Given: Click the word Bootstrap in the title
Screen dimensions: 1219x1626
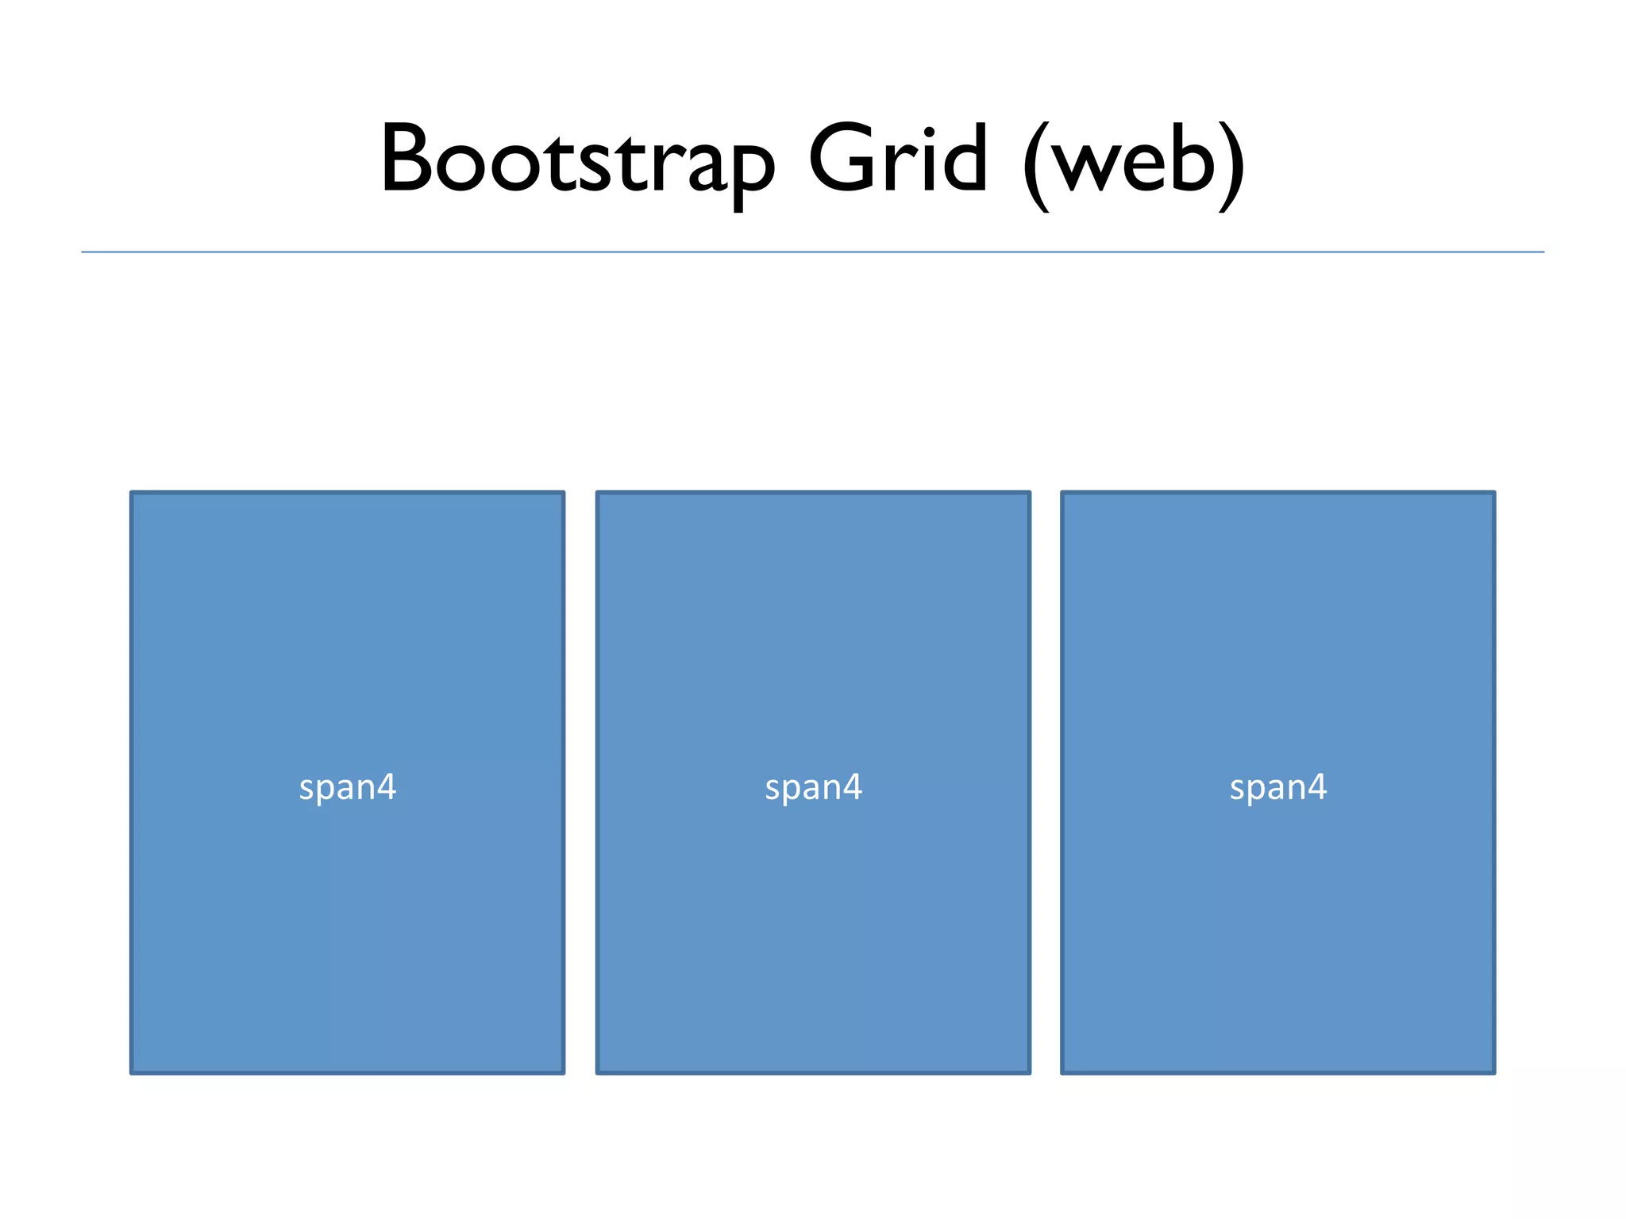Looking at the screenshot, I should [x=577, y=159].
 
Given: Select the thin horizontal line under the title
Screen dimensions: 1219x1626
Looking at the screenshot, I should [x=813, y=252].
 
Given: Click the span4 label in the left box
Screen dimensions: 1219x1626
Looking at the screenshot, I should [x=348, y=787].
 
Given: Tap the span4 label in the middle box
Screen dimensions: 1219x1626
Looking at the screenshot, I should [x=813, y=787].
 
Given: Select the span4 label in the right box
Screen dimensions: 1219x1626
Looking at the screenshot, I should [x=1278, y=787].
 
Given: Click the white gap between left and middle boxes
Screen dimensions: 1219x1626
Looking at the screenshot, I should [x=580, y=783].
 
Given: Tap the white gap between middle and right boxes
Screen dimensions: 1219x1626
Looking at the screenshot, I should [x=1046, y=783].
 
